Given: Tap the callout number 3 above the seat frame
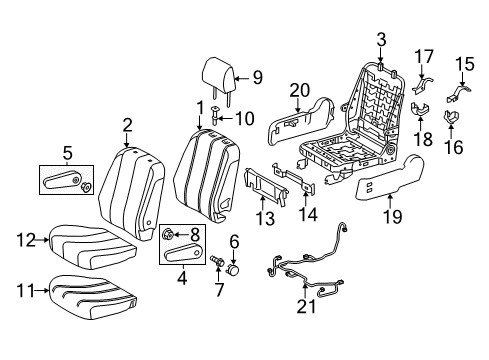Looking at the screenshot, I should click(381, 39).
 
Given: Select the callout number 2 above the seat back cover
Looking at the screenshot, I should click(127, 125).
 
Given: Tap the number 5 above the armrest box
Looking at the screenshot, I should click(67, 153).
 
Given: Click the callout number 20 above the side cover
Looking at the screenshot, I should click(296, 91).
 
